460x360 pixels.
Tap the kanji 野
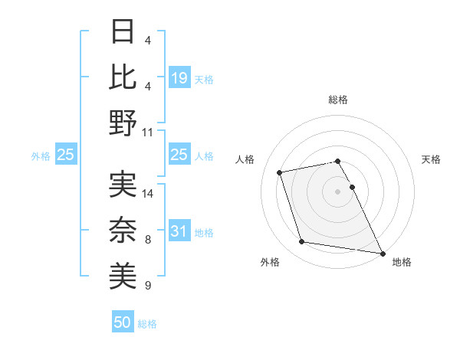(x=123, y=122)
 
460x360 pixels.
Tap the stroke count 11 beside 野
(x=148, y=132)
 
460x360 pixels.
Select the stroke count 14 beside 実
(x=148, y=193)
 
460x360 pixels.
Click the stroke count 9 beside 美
(x=148, y=286)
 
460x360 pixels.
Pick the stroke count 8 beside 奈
(x=148, y=240)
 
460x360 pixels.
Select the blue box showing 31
(x=179, y=231)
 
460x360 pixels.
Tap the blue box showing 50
(x=123, y=322)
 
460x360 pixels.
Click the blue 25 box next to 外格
(x=65, y=155)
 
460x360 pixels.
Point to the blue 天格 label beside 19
(x=204, y=78)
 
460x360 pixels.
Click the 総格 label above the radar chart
(x=337, y=100)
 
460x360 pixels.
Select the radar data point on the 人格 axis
(x=280, y=172)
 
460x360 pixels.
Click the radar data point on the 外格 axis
(x=302, y=242)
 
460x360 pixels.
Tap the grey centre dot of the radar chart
(x=337, y=191)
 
